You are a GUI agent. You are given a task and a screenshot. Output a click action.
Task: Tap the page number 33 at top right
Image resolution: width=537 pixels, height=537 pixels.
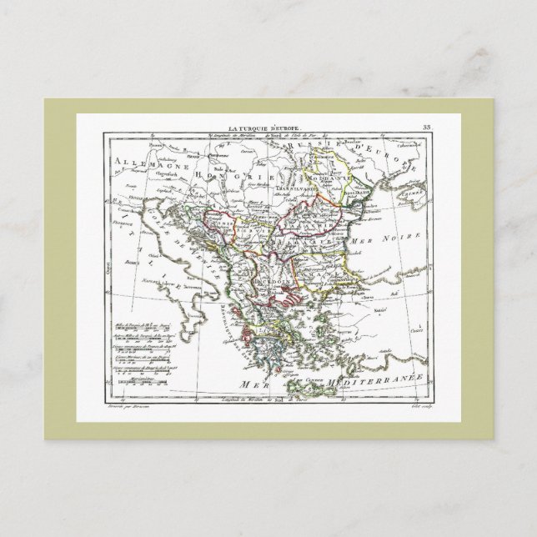coord(428,128)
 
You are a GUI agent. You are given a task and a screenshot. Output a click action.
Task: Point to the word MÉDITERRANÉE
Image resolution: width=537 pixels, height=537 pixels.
coord(379,379)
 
